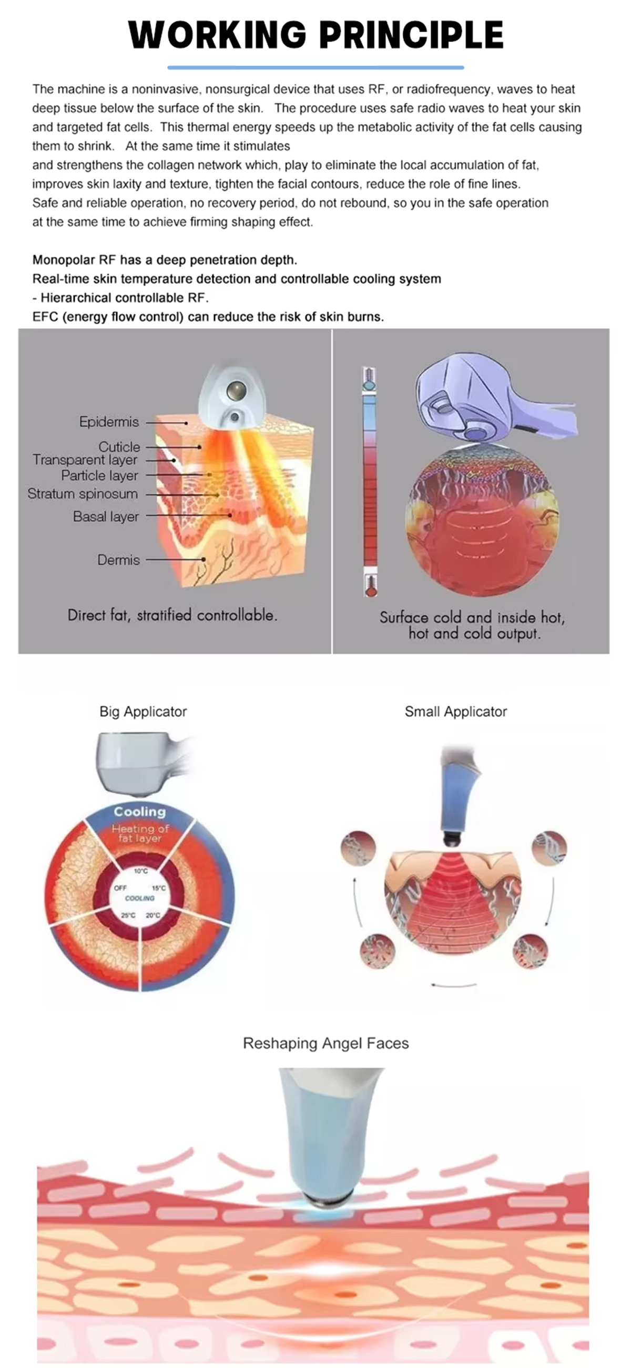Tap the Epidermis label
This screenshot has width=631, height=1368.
coord(109,422)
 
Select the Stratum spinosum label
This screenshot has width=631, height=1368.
coord(82,494)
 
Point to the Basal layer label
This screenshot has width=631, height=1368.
coord(106,516)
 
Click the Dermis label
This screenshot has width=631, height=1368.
coord(118,560)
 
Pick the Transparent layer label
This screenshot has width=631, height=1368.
coord(85,460)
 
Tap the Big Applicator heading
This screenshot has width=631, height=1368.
coord(143,712)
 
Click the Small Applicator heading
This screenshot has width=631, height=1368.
coord(455,712)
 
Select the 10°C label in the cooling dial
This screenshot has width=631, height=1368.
coord(140,871)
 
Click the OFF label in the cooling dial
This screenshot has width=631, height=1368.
coord(120,888)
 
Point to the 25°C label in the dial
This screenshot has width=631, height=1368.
coord(128,915)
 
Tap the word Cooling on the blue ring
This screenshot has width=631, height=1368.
coord(139,812)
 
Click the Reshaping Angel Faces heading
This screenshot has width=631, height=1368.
coord(325,1043)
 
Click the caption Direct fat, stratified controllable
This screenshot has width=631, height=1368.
coord(172,615)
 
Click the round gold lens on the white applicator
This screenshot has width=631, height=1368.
coord(236,392)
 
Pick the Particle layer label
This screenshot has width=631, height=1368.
coord(99,475)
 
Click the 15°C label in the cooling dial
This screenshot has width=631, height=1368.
coord(159,888)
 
